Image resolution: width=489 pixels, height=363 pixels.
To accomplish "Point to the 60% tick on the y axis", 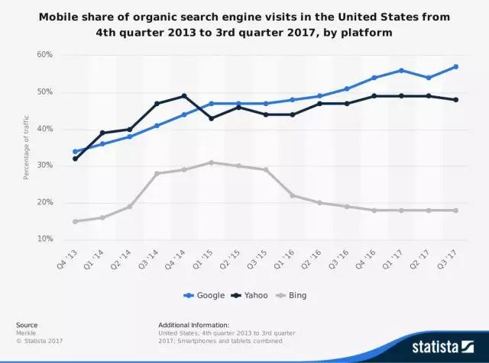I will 44,55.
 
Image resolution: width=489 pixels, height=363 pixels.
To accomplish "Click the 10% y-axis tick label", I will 44,239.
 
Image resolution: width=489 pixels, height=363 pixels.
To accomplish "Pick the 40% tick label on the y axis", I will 44,129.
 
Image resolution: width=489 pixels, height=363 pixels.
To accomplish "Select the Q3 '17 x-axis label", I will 451,255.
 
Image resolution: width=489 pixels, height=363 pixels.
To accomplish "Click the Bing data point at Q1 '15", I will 211,162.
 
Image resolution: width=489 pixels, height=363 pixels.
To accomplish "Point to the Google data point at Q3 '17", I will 456,66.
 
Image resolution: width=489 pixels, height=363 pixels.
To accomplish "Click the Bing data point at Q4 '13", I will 75,221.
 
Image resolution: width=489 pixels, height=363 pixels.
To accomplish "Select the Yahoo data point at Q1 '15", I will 211,118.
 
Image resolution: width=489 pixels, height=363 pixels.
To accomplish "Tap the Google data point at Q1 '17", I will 401,70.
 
